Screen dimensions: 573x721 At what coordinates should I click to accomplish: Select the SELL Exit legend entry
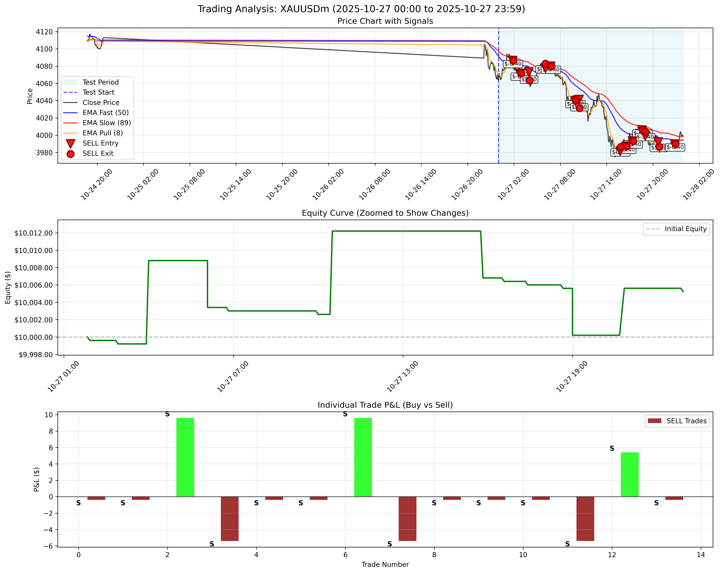[98, 153]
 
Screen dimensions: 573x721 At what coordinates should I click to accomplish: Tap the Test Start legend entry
[98, 92]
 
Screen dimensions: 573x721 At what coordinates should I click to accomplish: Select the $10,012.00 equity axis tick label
[34, 233]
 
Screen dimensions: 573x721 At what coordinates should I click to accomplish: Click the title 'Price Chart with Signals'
[385, 21]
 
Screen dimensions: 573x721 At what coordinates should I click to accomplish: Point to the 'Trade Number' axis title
[385, 565]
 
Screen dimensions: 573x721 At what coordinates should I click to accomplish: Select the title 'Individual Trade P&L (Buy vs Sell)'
[385, 405]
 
